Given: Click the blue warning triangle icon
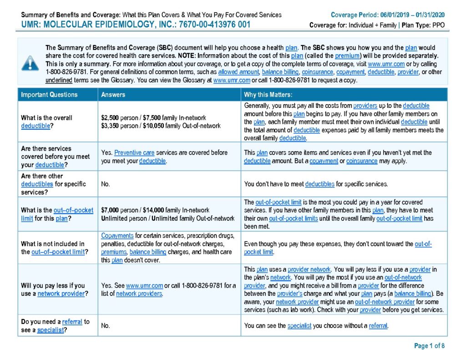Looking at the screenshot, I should coord(30,63).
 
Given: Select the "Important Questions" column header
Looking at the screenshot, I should coord(49,95).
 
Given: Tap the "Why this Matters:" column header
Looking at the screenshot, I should coord(268,95).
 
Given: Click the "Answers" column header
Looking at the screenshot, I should coord(113,95).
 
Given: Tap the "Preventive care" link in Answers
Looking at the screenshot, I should coord(134,152).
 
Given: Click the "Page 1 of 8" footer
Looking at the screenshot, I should coord(429,346).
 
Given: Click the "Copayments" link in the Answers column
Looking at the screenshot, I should coord(117,236).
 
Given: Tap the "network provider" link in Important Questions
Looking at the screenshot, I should coord(61,294).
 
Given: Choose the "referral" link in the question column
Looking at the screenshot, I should coord(72,322).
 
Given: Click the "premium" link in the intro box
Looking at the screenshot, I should coord(348,56).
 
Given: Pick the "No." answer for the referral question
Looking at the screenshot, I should coord(106,326).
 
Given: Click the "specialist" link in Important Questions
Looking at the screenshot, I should coord(50,330).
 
